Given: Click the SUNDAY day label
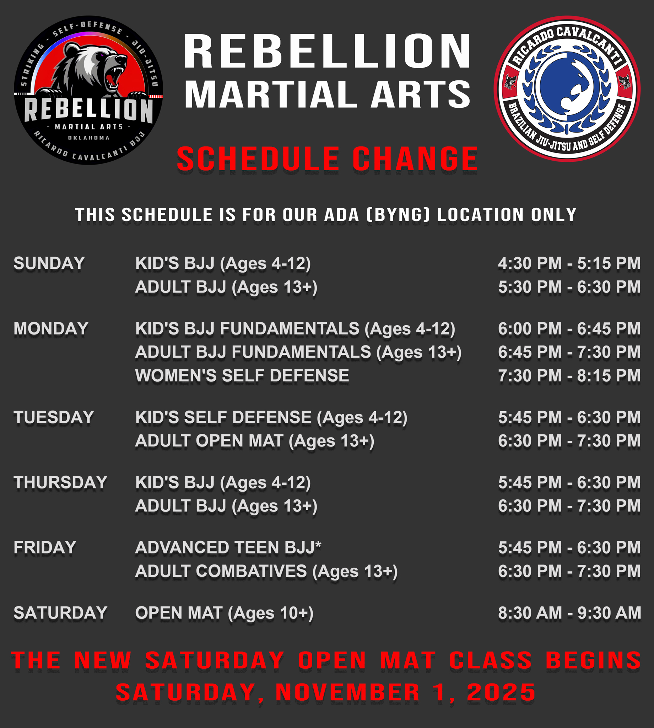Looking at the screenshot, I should pos(49,263).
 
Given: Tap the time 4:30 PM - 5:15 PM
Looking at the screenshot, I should pos(569,263).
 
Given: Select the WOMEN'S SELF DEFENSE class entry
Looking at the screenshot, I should pos(242,376).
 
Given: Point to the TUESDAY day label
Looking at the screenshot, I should pos(54,417).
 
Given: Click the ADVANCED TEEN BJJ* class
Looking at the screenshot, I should pos(228,547).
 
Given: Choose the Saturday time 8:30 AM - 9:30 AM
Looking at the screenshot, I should pos(569,613).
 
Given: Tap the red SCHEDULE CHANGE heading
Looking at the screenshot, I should pos(327,159).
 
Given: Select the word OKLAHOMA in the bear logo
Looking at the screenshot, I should pos(89,138).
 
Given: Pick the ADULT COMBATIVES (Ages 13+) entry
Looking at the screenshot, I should pos(266,571).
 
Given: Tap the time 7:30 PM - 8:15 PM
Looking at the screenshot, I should pos(569,376).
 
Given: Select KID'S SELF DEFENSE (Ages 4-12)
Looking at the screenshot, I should pos(271,417).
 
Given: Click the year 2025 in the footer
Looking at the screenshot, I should pos(501,692).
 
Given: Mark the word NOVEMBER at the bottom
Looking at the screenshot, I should pos(347,692).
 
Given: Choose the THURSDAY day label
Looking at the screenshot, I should pos(60,482).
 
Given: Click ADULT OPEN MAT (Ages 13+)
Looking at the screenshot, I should pos(254,441).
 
